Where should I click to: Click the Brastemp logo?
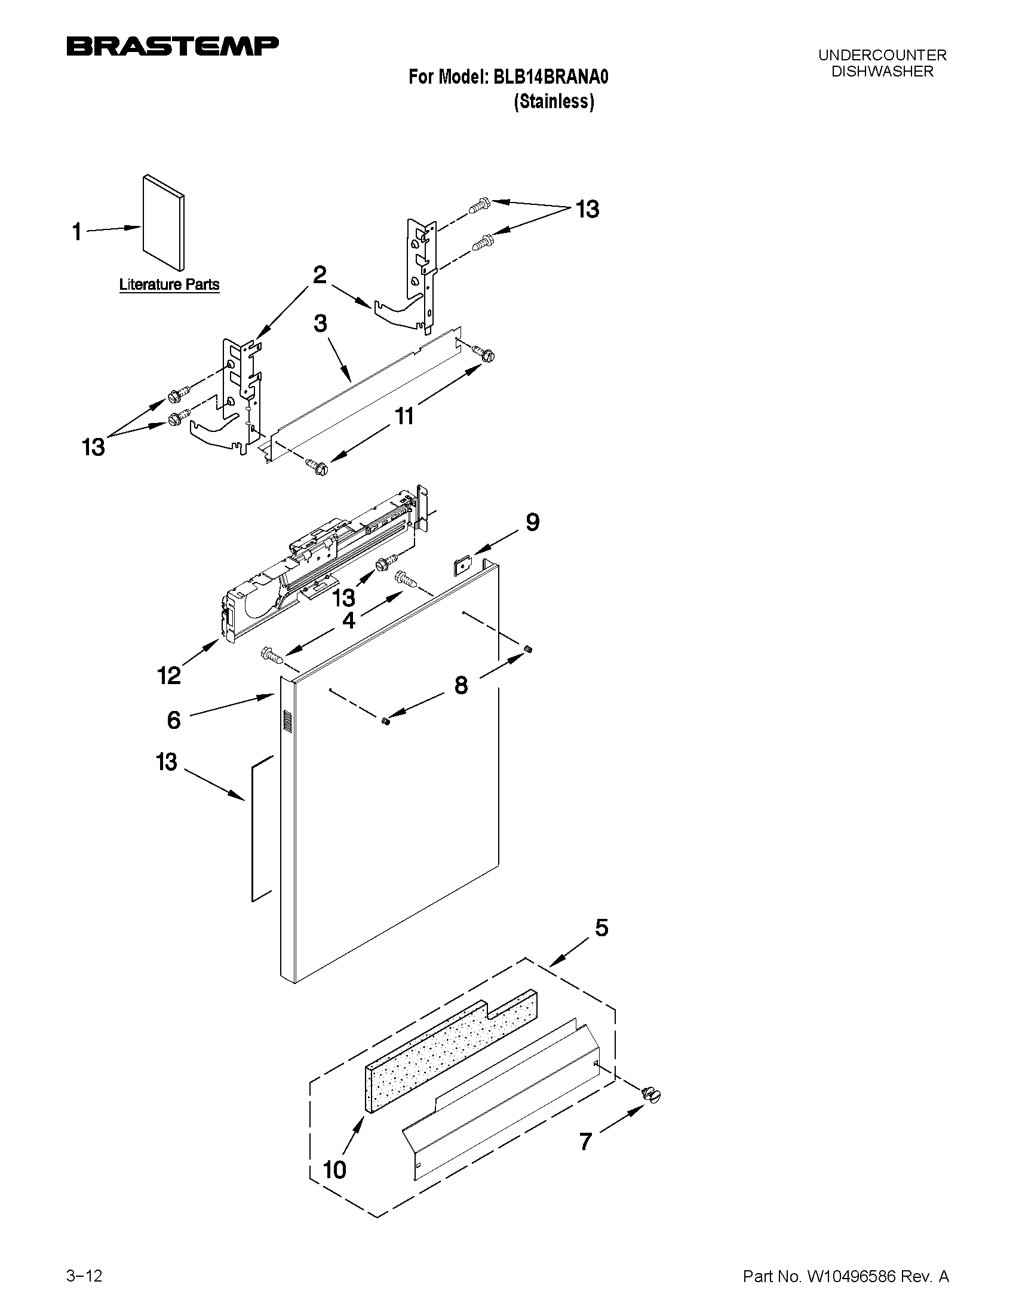pyautogui.click(x=172, y=47)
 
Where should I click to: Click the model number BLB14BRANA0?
pyautogui.click(x=551, y=77)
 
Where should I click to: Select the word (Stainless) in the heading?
pyautogui.click(x=554, y=101)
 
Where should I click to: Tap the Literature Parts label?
pyautogui.click(x=169, y=284)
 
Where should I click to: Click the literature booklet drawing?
pyautogui.click(x=164, y=223)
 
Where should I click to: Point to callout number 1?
pyautogui.click(x=77, y=232)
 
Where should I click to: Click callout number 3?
pyautogui.click(x=320, y=323)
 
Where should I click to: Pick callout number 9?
pyautogui.click(x=532, y=522)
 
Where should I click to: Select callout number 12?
pyautogui.click(x=169, y=676)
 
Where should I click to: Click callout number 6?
pyautogui.click(x=174, y=719)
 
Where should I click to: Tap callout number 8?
pyautogui.click(x=461, y=685)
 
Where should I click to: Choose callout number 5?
pyautogui.click(x=601, y=928)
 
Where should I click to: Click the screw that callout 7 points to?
pyautogui.click(x=650, y=1095)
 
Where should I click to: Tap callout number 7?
pyautogui.click(x=585, y=1141)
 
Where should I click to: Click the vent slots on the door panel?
pyautogui.click(x=287, y=721)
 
